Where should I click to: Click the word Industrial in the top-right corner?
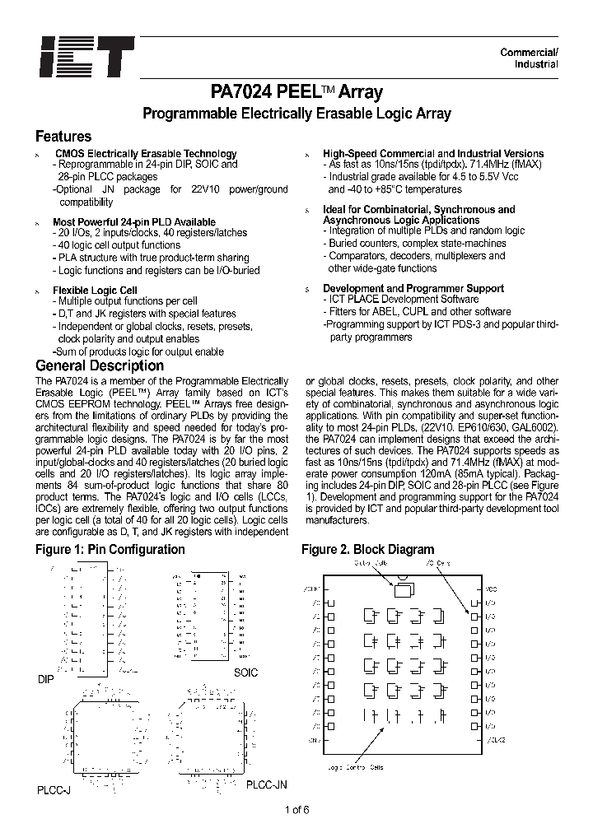coord(536,64)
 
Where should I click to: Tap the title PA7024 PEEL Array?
coord(296,92)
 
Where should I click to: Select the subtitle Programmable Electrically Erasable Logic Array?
coord(296,114)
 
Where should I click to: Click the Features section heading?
coord(63,137)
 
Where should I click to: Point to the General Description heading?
coord(100,365)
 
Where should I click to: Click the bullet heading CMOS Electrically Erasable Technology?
coord(146,154)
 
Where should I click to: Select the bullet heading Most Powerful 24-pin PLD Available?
coord(134,222)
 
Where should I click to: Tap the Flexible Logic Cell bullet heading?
coord(95,291)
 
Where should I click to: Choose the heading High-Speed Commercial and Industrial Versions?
coord(433,154)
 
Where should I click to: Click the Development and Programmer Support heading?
coord(413,288)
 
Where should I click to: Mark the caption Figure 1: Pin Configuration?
coord(110,550)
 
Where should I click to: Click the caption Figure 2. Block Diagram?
coord(367,550)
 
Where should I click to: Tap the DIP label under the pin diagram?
coord(44,681)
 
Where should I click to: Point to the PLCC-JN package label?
coord(266,785)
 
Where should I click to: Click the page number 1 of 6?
coord(296,809)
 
